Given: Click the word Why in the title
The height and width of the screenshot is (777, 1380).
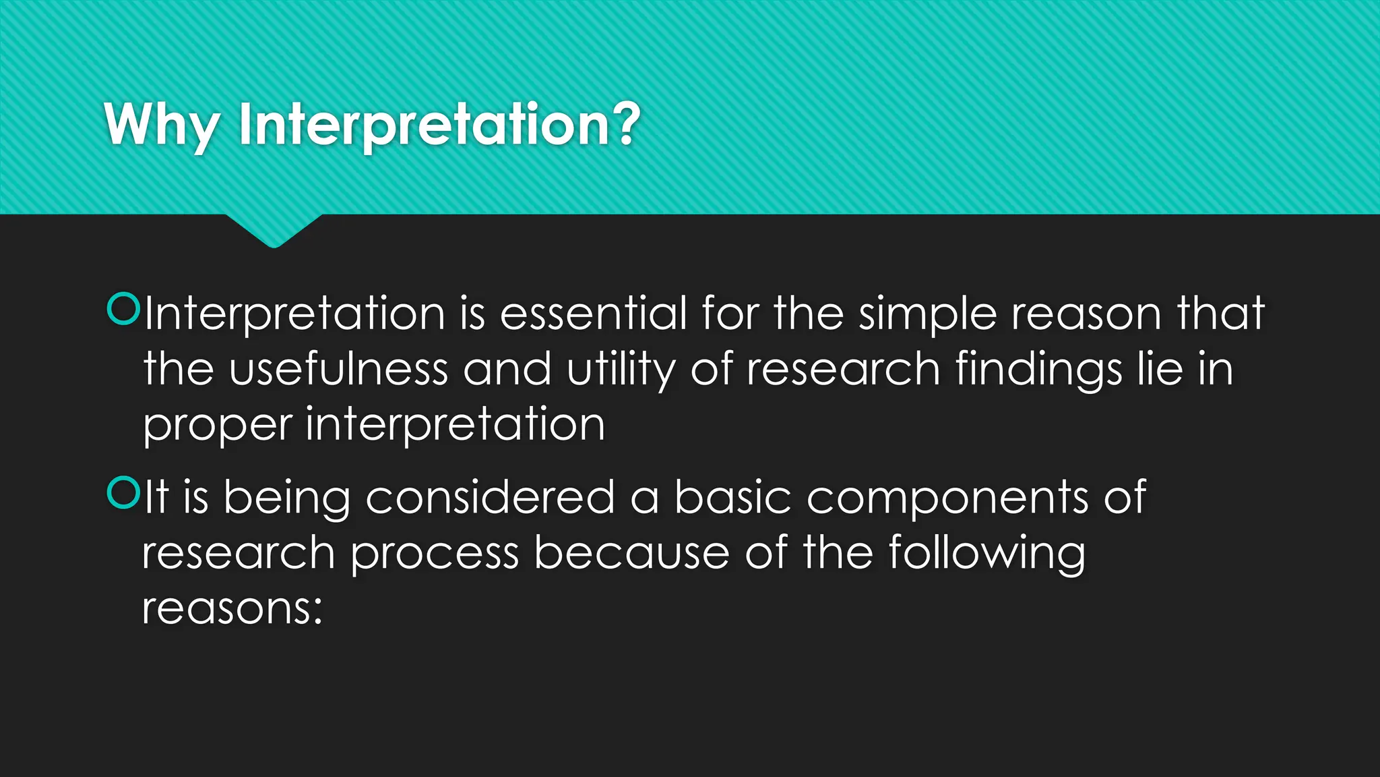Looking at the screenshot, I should pyautogui.click(x=162, y=125).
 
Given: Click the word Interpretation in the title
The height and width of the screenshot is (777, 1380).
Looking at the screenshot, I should pyautogui.click(x=425, y=125).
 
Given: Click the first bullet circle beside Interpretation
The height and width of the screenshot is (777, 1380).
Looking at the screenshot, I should pyautogui.click(x=123, y=309).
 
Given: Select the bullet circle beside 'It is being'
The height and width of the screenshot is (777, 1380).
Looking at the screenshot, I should pyautogui.click(x=123, y=492).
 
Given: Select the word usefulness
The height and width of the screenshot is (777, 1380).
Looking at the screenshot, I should pyautogui.click(x=338, y=369).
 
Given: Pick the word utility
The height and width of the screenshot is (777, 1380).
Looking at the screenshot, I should pyautogui.click(x=621, y=370).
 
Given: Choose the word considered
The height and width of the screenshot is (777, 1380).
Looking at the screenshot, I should pyautogui.click(x=490, y=498).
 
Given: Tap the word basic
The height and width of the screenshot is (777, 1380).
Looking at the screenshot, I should pyautogui.click(x=732, y=498).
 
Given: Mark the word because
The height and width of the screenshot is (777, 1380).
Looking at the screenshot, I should pyautogui.click(x=632, y=553).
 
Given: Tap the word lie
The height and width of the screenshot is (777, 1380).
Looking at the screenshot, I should pyautogui.click(x=1160, y=369).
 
